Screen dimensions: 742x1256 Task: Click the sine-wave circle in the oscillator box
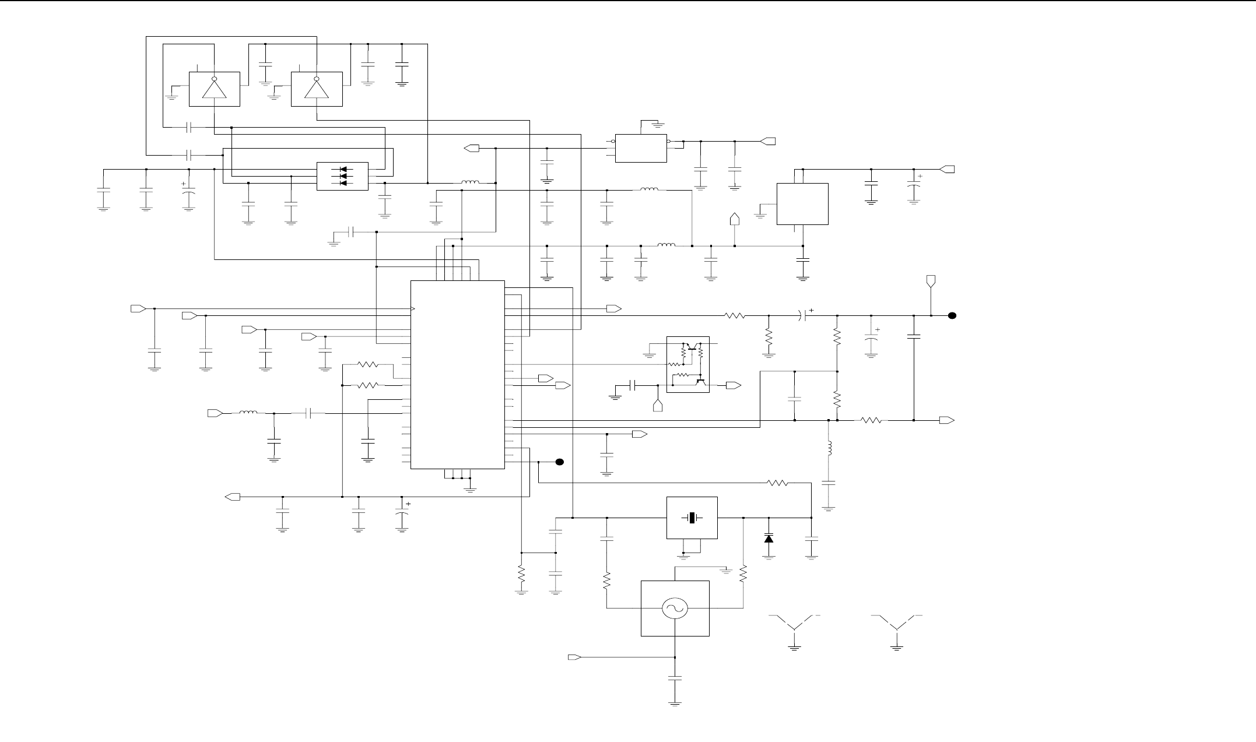(675, 609)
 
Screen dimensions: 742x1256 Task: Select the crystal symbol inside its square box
(692, 518)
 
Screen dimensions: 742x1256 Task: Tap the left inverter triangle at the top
(214, 89)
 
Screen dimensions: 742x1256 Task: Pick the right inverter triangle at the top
(316, 89)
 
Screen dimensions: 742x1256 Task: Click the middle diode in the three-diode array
(342, 176)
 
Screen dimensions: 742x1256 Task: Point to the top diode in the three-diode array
(342, 170)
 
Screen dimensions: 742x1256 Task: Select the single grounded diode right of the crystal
(769, 538)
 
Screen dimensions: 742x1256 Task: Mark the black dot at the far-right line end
(952, 316)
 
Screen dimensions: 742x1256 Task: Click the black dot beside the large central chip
(559, 462)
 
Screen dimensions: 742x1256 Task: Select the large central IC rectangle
(458, 374)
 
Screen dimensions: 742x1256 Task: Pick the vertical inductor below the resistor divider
(829, 449)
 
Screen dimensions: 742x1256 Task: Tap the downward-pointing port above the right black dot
(931, 281)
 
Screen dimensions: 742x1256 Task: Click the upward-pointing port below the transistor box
(658, 406)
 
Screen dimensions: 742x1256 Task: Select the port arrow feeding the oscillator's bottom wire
(574, 657)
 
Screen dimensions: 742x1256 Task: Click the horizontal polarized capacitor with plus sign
(805, 316)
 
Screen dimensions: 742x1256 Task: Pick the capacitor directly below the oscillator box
(675, 678)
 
